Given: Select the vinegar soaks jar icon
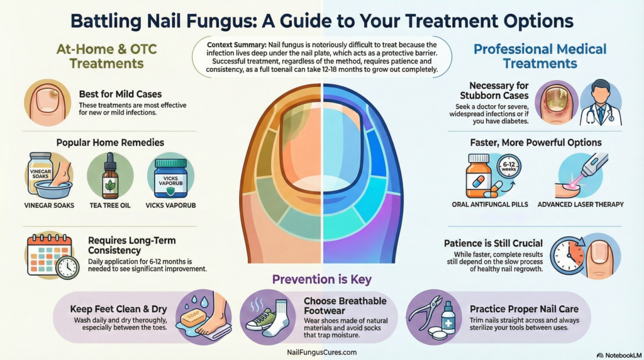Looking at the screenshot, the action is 41,172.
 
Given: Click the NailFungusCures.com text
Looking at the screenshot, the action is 321,353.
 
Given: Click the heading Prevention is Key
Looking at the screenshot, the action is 321,279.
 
